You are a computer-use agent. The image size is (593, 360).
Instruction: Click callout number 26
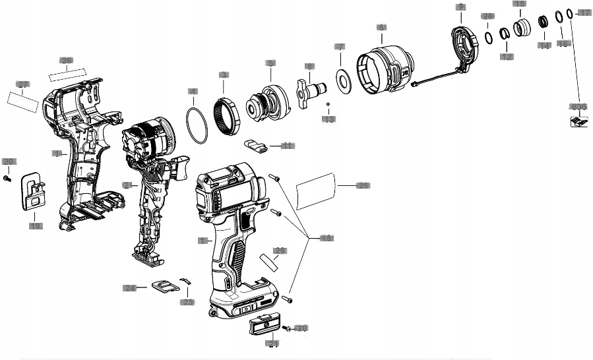pyautogui.click(x=66, y=60)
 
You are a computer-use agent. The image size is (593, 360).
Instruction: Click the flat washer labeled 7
pyautogui.click(x=342, y=80)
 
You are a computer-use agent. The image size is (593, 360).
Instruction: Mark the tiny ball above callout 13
pyautogui.click(x=328, y=104)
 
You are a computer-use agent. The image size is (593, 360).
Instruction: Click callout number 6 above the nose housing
pyautogui.click(x=381, y=27)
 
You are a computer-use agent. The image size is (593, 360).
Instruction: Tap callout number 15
pyautogui.click(x=520, y=4)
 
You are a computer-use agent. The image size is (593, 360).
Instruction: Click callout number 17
pyautogui.click(x=584, y=13)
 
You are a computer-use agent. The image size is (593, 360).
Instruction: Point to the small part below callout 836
pyautogui.click(x=578, y=121)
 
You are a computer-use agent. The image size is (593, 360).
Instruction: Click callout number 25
pyautogui.click(x=363, y=186)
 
